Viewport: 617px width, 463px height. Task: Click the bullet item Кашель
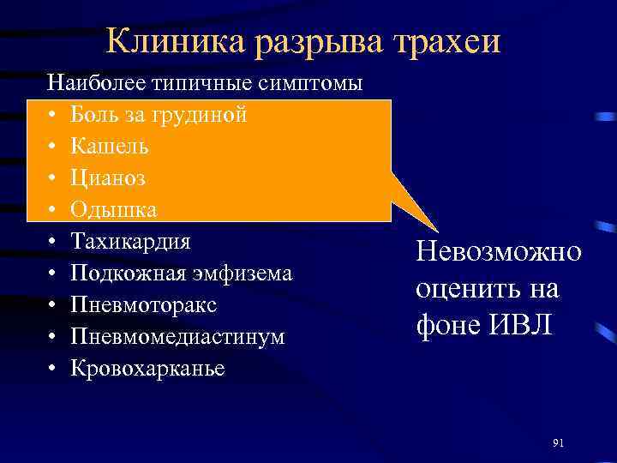109,147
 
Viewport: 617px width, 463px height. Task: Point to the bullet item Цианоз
107,178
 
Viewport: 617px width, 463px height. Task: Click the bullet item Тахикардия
130,242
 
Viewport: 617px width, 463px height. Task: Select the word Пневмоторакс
143,305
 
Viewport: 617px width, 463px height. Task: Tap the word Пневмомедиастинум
177,337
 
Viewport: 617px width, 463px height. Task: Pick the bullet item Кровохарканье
147,369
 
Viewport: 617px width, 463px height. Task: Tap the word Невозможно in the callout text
498,252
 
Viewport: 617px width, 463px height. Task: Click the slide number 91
558,442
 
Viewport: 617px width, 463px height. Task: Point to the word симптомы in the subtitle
316,83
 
